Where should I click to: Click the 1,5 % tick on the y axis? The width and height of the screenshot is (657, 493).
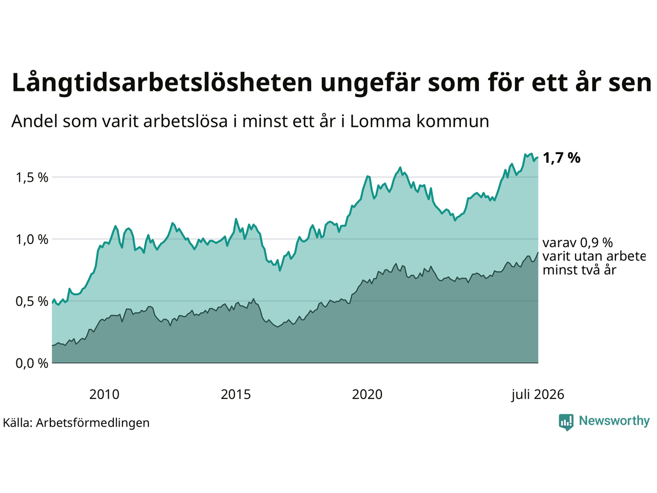32,178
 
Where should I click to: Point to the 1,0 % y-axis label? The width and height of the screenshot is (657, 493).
32,240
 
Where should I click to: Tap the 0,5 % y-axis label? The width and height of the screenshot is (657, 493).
32,302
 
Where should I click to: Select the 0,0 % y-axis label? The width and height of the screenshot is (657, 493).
32,364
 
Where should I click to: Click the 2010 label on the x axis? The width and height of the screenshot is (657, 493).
104,395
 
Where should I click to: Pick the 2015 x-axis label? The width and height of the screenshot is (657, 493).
236,395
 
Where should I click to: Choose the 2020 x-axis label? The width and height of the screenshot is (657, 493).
367,395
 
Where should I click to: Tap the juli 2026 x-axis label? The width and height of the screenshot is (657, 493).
537,395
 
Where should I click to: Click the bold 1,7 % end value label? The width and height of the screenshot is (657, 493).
562,158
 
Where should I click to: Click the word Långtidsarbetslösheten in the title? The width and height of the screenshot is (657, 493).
162,83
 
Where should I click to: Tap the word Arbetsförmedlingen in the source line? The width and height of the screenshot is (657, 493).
93,423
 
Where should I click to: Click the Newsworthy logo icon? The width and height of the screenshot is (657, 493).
566,422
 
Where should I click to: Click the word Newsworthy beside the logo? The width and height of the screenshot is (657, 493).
614,421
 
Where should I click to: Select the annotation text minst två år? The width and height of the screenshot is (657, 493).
579,270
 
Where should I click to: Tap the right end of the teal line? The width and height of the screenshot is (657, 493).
538,158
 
